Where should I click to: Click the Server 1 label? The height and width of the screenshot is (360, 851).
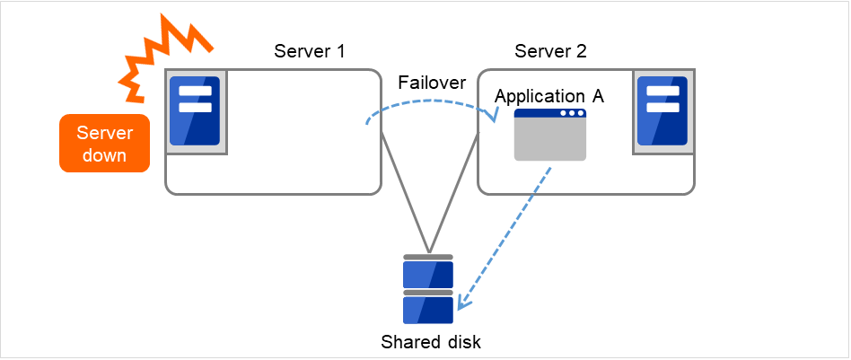(x=309, y=50)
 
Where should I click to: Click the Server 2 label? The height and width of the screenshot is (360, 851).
(x=550, y=50)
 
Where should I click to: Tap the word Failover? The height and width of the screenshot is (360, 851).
(x=431, y=83)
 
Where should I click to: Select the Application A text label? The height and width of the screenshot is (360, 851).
(x=549, y=96)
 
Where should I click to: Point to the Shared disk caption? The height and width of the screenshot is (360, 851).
(x=430, y=342)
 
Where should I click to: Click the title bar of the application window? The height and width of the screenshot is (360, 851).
(x=549, y=115)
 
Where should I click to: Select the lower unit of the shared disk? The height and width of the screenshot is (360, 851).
(x=429, y=309)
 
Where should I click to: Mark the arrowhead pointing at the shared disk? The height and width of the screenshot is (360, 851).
(x=461, y=305)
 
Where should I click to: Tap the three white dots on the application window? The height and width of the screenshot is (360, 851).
(x=572, y=115)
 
